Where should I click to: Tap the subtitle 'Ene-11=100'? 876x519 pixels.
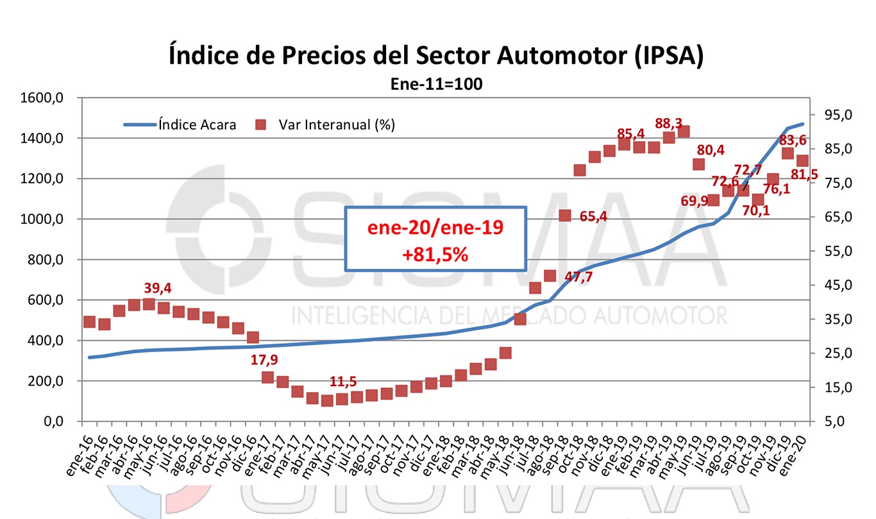(437, 84)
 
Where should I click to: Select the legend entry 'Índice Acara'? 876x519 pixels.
(197, 124)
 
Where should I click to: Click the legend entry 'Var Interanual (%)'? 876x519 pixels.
(337, 124)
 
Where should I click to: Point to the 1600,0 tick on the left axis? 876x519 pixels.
(47, 98)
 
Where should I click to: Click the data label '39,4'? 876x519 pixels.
(158, 289)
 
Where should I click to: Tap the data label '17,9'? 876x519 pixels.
(264, 360)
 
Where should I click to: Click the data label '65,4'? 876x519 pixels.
(593, 216)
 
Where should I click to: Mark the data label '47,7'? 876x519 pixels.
(578, 277)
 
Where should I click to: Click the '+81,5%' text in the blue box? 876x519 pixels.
(435, 253)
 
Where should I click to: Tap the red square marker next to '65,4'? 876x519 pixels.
(565, 216)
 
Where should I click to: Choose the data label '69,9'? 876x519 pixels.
(694, 201)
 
